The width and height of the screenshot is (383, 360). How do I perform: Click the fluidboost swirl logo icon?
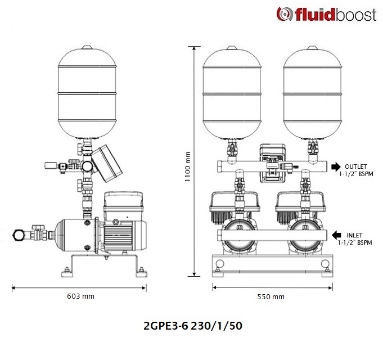pyautogui.click(x=285, y=14)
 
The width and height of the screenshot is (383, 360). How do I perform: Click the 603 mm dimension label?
pyautogui.click(x=80, y=296)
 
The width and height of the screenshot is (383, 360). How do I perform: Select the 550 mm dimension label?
pyautogui.click(x=271, y=297)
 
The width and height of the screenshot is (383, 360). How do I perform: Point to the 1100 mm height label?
pyautogui.click(x=187, y=166)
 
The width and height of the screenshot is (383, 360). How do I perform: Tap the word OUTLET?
pyautogui.click(x=355, y=166)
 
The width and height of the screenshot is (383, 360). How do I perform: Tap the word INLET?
pyautogui.click(x=354, y=236)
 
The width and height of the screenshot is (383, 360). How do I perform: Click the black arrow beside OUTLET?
pyautogui.click(x=336, y=167)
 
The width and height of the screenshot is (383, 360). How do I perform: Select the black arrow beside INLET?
pyautogui.click(x=336, y=235)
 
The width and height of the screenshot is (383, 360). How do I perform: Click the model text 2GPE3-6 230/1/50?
pyautogui.click(x=193, y=326)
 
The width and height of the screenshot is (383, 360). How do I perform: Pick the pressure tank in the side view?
pyautogui.click(x=87, y=92)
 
